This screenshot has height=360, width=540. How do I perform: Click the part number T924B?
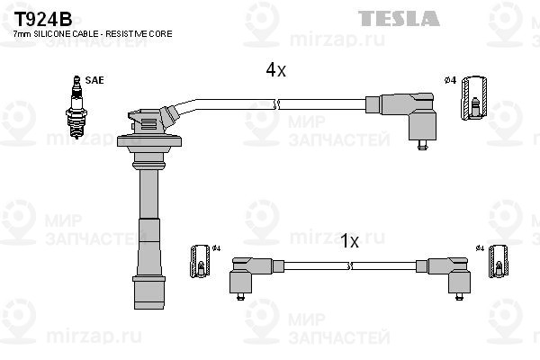(42, 19)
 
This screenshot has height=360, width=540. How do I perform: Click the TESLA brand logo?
(399, 18)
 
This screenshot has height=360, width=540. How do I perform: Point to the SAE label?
(94, 80)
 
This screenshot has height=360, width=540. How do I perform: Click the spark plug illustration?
(76, 107)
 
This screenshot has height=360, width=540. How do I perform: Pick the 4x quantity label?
(275, 70)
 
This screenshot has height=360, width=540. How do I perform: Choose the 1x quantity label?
(349, 241)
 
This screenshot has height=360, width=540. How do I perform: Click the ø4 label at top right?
(450, 80)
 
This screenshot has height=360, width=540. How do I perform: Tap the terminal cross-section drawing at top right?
(474, 98)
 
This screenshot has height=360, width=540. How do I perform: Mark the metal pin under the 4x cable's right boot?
(423, 145)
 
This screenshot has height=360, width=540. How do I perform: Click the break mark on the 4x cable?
(276, 104)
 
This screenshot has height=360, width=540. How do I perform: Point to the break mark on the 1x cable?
(349, 265)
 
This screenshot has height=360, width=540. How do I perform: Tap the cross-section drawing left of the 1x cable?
(200, 262)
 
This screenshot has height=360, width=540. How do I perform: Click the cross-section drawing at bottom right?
(499, 262)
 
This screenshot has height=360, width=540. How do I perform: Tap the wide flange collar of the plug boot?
(149, 141)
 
